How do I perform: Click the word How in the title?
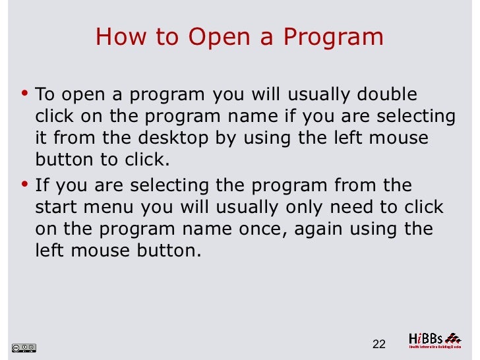click(116, 37)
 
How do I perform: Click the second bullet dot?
click(25, 183)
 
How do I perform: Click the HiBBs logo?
click(434, 340)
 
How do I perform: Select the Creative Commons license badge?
click(24, 347)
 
